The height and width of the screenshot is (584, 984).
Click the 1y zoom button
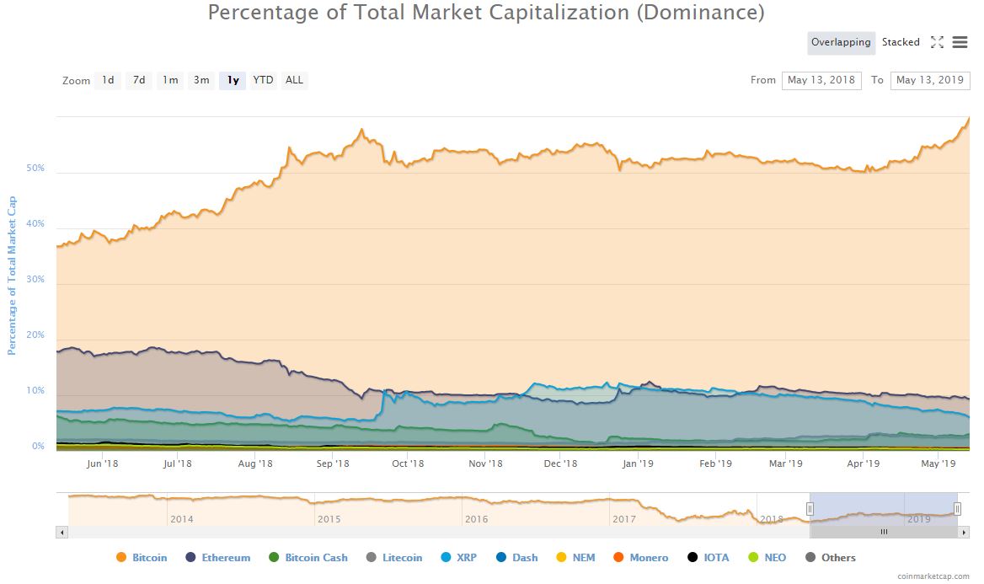[x=233, y=81]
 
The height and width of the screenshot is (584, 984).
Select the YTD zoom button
[x=264, y=81]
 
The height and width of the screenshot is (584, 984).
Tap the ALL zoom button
[x=294, y=81]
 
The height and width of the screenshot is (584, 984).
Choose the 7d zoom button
[x=139, y=81]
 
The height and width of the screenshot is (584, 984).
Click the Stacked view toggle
[x=901, y=42]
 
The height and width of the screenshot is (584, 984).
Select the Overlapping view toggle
[x=841, y=42]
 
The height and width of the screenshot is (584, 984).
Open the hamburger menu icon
[x=960, y=42]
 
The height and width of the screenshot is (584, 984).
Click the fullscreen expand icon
[x=937, y=42]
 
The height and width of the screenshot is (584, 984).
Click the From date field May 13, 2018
[x=821, y=81]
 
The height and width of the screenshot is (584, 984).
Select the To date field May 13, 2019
[x=930, y=81]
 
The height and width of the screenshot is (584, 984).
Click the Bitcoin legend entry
[x=142, y=558]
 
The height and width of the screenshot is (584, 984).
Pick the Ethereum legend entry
[x=217, y=558]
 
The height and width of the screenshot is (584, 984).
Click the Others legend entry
[x=831, y=558]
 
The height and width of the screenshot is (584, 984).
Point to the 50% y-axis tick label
[x=35, y=169]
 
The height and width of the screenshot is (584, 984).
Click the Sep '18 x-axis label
[x=333, y=463]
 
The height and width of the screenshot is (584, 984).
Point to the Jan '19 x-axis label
[x=638, y=463]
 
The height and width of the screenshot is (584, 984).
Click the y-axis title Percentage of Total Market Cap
[x=13, y=276]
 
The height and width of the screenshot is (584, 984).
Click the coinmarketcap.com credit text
[x=933, y=577]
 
